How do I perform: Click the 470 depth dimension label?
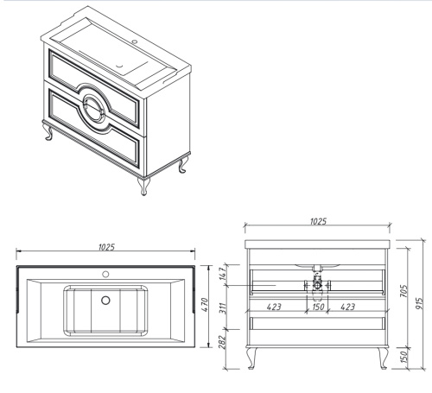204,305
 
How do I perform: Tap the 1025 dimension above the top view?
106,247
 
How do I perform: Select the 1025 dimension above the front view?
318,221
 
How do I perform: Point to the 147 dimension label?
223,274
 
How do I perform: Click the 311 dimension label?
223,308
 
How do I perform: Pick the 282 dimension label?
223,342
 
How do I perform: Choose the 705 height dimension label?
403,291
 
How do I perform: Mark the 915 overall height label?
420,303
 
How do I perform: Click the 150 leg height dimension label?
404,357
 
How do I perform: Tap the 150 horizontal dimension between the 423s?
318,307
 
